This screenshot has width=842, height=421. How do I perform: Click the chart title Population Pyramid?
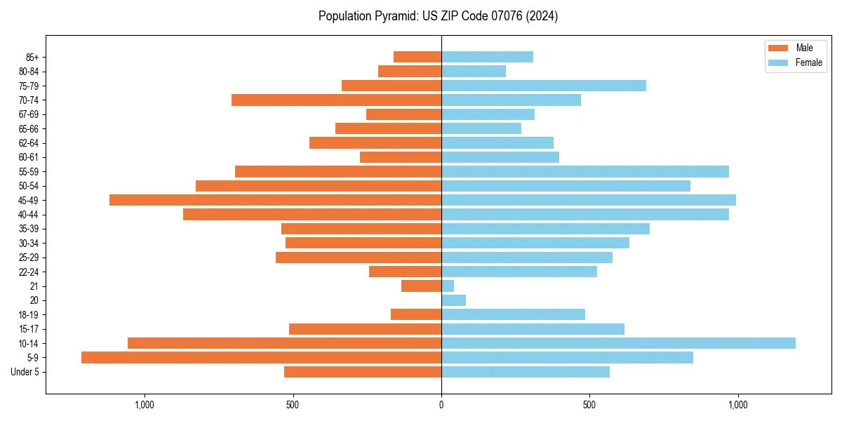[x=438, y=16]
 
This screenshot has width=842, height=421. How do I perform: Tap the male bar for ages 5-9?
[x=261, y=358]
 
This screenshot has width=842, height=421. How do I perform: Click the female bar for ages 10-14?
[x=618, y=343]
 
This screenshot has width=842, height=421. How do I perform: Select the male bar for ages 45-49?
[x=275, y=200]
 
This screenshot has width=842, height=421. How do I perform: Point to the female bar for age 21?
[x=448, y=286]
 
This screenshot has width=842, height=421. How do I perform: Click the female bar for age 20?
[x=453, y=300]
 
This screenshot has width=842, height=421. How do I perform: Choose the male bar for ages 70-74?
[x=336, y=100]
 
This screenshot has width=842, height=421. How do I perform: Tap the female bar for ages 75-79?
[x=544, y=86]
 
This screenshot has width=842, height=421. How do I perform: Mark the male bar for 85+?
[x=417, y=57]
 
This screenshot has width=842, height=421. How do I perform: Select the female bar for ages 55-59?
[x=585, y=172]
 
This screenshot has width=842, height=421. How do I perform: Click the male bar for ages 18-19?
[x=416, y=314]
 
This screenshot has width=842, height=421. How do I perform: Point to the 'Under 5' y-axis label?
[x=25, y=372]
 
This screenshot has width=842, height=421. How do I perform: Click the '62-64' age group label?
[x=29, y=143]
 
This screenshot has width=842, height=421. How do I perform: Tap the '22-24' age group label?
[x=29, y=272]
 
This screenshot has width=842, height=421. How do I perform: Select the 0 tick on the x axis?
[x=441, y=405]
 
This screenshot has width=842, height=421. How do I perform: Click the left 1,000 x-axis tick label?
[x=144, y=405]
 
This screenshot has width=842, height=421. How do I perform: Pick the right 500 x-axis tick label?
[x=589, y=405]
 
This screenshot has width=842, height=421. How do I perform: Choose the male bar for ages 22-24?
[x=405, y=272]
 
